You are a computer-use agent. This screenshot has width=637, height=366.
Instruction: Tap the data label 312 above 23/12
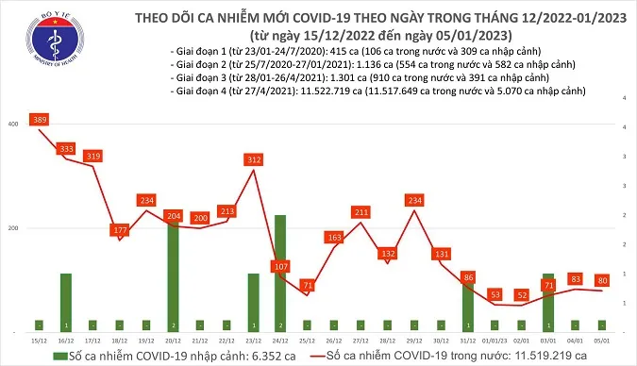253,160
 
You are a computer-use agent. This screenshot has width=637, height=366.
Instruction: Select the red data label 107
280,267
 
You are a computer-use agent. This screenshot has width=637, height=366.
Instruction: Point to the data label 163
333,238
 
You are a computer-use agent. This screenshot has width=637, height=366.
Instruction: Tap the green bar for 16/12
65,302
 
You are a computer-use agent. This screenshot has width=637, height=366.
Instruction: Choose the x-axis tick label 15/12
38,340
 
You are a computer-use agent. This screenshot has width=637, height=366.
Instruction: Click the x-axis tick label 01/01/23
493,340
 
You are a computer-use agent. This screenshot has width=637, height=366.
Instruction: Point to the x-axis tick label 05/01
600,340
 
